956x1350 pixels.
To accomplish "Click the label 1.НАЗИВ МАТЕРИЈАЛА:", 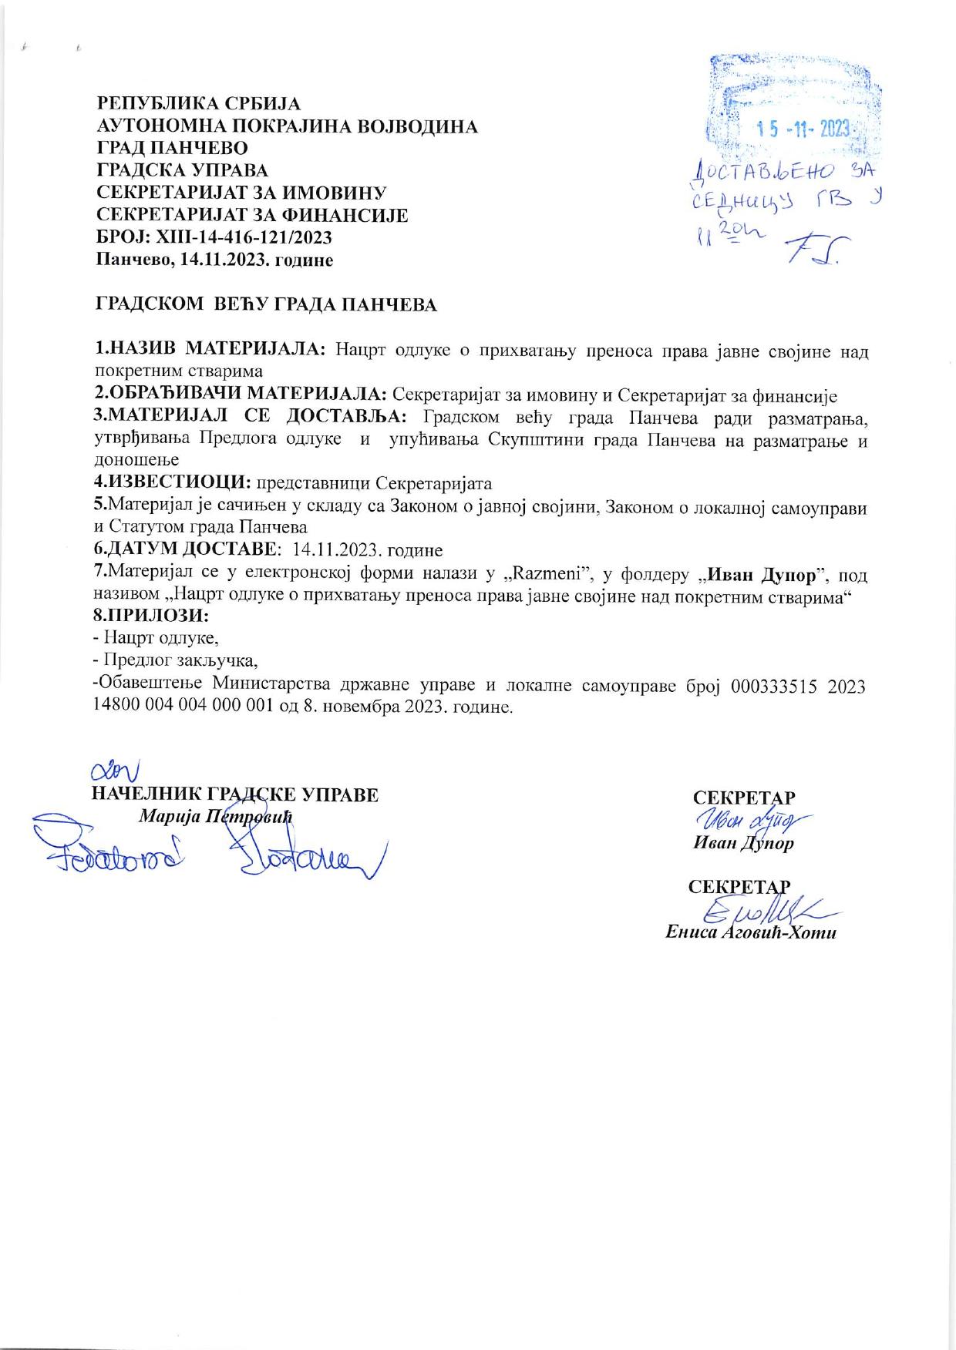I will click(x=210, y=351).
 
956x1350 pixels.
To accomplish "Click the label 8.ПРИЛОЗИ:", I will click(x=152, y=616).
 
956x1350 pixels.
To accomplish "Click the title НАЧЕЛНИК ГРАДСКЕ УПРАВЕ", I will click(x=234, y=794).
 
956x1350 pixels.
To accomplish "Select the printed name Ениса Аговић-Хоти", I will click(x=751, y=932).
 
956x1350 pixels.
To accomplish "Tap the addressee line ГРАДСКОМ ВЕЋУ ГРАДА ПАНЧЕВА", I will click(x=266, y=305).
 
